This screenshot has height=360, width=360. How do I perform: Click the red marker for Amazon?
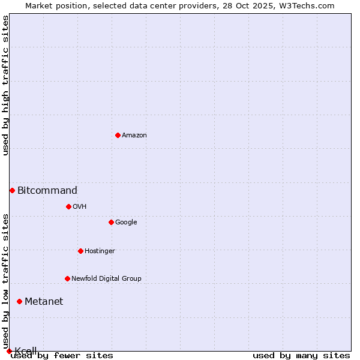click(x=118, y=135)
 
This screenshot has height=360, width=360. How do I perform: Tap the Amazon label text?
click(x=134, y=136)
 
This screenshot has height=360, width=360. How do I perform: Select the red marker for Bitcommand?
click(x=12, y=190)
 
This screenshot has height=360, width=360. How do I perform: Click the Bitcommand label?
click(x=47, y=191)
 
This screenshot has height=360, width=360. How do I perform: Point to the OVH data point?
click(x=68, y=206)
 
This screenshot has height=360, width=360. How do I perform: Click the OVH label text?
click(x=80, y=207)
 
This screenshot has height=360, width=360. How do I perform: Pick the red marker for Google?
click(x=111, y=222)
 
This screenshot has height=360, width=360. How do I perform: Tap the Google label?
click(x=126, y=223)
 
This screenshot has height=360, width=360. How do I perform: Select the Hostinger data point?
click(x=80, y=251)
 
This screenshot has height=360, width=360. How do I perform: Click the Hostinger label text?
click(x=100, y=251)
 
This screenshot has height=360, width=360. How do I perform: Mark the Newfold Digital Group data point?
click(x=67, y=278)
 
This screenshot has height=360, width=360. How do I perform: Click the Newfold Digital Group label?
click(x=106, y=279)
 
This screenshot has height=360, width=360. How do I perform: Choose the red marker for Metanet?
click(x=19, y=301)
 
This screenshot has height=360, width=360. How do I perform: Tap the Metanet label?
click(x=44, y=302)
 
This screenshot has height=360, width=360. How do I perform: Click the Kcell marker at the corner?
click(x=9, y=351)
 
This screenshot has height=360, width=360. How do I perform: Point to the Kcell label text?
click(x=26, y=351)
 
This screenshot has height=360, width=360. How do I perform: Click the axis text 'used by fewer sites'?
click(x=62, y=356)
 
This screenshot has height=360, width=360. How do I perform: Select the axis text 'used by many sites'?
click(x=301, y=356)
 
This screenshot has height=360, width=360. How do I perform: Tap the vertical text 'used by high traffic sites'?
click(x=5, y=85)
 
